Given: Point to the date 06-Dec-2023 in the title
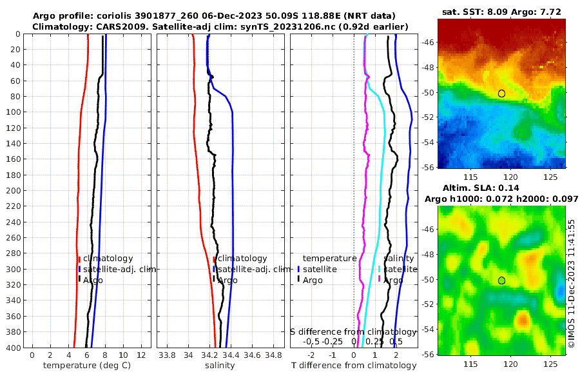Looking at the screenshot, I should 233,15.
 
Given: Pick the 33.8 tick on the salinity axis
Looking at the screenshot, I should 167,355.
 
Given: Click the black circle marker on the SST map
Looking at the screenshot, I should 501,93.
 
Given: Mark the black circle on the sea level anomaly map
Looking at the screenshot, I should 501,280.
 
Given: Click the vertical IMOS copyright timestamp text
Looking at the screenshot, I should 572,283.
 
